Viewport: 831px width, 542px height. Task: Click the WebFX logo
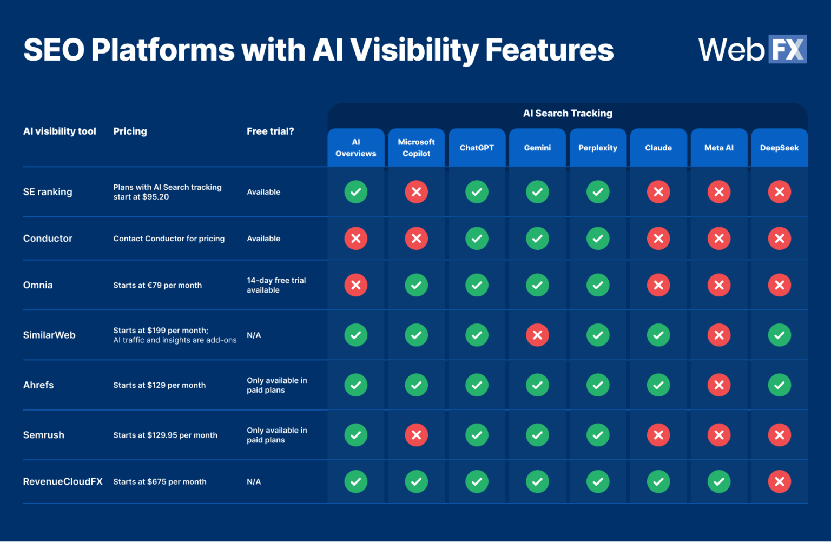pos(752,49)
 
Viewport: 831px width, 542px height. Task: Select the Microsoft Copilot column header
pos(416,148)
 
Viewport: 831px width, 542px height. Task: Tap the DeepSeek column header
pos(779,148)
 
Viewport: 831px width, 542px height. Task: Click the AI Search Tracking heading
pos(568,113)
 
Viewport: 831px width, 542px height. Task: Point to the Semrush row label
pos(44,435)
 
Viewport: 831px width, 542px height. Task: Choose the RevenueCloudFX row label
pos(63,481)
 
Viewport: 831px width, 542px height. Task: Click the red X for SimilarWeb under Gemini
pos(537,335)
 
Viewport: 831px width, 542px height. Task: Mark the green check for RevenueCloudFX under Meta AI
pos(719,481)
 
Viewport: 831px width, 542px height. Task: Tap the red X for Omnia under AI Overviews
pos(355,285)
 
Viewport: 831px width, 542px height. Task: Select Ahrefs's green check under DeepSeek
pos(779,385)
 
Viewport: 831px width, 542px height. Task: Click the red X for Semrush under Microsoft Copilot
pos(416,435)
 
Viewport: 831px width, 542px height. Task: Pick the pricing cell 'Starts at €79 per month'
pos(157,285)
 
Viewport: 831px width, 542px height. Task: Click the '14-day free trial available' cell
pos(276,285)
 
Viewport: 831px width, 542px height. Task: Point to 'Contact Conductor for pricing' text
pos(169,239)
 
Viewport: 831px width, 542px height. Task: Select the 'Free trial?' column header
pos(271,131)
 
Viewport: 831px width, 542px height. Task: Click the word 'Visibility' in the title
pos(414,50)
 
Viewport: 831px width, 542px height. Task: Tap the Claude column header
pos(658,148)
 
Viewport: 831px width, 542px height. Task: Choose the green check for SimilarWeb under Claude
pos(658,335)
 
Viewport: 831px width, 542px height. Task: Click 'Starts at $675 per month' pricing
pos(160,481)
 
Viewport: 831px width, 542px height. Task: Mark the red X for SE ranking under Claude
pos(658,192)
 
